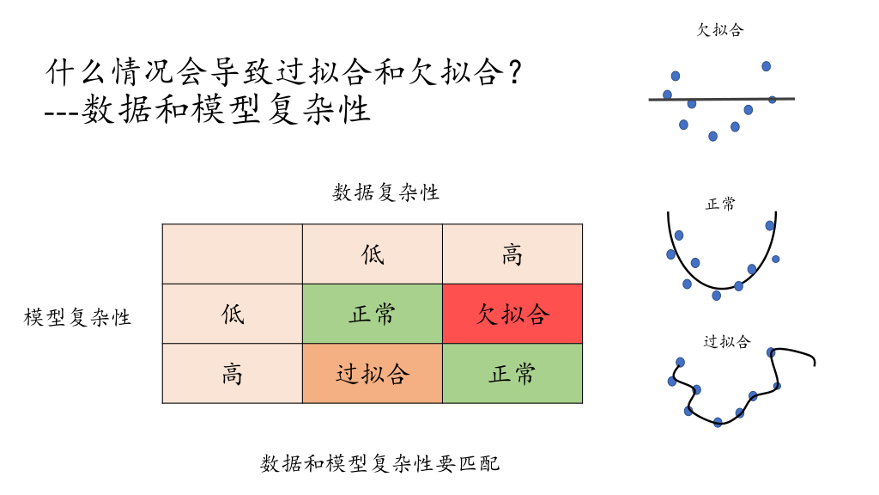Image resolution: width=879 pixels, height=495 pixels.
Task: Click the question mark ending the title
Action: click(x=514, y=72)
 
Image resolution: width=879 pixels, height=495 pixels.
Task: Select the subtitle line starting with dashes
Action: click(x=209, y=111)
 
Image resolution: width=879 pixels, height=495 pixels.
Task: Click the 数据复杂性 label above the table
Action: click(x=386, y=192)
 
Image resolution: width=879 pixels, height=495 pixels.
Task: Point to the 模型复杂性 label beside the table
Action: click(x=78, y=317)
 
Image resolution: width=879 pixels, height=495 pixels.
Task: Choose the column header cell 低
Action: click(x=373, y=254)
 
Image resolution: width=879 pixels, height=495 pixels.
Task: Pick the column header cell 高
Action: click(x=512, y=254)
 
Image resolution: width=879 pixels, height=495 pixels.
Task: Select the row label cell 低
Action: click(x=232, y=314)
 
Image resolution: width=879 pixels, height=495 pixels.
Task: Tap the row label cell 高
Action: click(x=232, y=374)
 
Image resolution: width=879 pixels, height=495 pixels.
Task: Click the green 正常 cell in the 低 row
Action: click(x=373, y=314)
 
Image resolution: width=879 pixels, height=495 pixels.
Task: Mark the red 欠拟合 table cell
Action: click(x=512, y=314)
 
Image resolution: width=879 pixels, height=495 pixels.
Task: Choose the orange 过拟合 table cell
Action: click(x=373, y=374)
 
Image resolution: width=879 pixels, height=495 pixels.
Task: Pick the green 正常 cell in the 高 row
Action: click(x=512, y=374)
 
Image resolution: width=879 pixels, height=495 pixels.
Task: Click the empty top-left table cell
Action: click(x=232, y=254)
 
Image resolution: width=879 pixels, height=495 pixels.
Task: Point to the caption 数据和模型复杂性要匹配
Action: click(x=379, y=464)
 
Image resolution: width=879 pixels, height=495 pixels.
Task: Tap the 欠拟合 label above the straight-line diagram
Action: click(x=720, y=30)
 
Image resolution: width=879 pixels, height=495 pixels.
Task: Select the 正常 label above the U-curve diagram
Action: click(x=720, y=205)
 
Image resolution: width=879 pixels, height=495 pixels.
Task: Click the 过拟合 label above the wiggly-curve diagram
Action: click(x=726, y=342)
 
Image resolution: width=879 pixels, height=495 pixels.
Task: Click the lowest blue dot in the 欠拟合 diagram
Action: click(x=712, y=136)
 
